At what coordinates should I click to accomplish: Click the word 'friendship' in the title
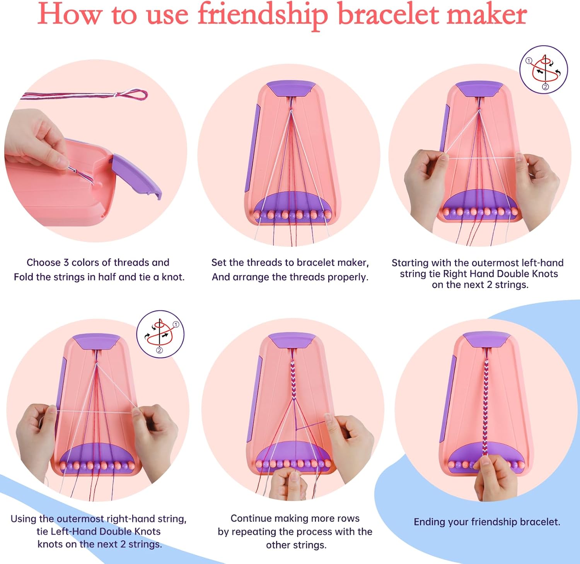click(263, 15)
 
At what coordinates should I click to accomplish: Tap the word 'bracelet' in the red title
click(388, 15)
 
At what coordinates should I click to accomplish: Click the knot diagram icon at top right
click(543, 70)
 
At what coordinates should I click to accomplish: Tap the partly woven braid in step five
click(293, 379)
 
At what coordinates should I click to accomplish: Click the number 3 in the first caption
click(66, 263)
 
